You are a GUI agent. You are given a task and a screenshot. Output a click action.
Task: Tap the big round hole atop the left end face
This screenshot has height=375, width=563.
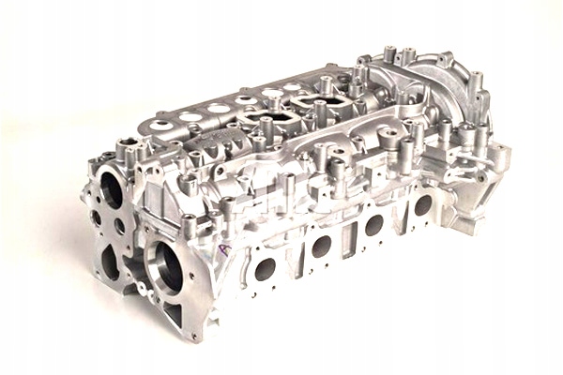(112, 190)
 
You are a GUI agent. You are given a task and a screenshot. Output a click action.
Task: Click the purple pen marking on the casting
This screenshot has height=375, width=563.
(224, 251)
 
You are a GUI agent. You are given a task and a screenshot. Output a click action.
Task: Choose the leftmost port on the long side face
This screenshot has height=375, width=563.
(266, 269)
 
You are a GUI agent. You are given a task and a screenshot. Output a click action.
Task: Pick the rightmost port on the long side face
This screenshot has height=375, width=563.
(422, 204)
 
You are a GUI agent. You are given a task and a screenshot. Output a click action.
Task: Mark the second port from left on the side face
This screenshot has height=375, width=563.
(322, 247)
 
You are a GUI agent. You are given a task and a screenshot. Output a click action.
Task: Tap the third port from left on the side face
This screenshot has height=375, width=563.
(373, 225)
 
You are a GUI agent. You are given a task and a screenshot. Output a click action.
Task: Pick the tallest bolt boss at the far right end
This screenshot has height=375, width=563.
(476, 84)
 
